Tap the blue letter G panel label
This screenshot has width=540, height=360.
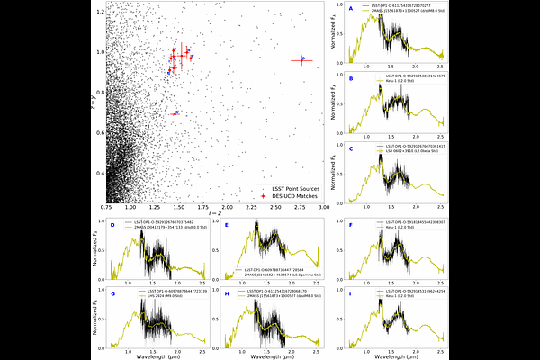tap(113, 294)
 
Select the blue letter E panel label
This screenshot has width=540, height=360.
tap(226, 224)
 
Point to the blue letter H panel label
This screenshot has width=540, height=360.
tap(226, 294)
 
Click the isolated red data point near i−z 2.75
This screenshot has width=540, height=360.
tap(301, 61)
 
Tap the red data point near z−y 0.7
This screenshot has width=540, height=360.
tap(175, 113)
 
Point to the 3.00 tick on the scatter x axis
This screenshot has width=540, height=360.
tap(325, 209)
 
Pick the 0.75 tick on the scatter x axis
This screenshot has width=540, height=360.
tap(106, 209)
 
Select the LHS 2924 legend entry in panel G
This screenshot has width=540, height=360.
tap(162, 296)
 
